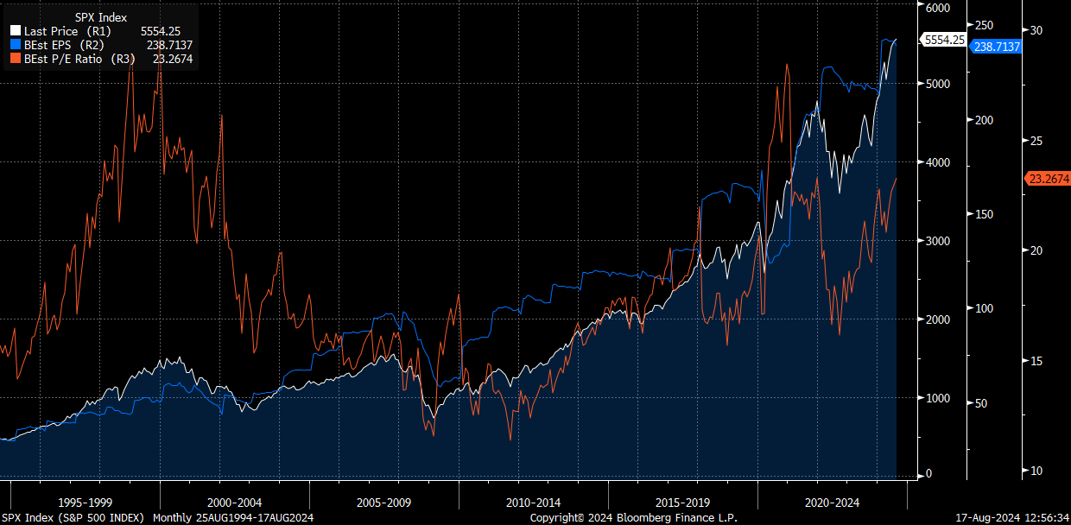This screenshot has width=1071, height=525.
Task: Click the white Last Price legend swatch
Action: point(15,31)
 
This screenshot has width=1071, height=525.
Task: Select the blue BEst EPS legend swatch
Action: point(15,45)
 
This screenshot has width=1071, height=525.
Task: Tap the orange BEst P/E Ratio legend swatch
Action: point(15,59)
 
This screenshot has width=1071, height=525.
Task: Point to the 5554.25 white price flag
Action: point(944,40)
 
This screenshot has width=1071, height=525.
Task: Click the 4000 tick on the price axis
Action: point(937,162)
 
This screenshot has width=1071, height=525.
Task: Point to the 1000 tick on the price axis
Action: point(937,398)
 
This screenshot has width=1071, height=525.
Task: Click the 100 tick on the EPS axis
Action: point(984,308)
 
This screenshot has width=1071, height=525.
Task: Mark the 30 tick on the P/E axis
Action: point(1036,30)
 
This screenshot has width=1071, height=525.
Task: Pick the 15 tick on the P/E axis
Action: point(1036,360)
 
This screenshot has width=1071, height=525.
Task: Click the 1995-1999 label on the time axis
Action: point(86,502)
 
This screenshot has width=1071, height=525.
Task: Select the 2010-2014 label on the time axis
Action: point(533,502)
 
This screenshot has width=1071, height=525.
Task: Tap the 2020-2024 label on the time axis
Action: point(832,502)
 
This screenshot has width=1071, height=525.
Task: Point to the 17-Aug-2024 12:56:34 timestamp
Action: point(1013,517)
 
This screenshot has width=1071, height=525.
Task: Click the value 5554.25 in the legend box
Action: point(160,31)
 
